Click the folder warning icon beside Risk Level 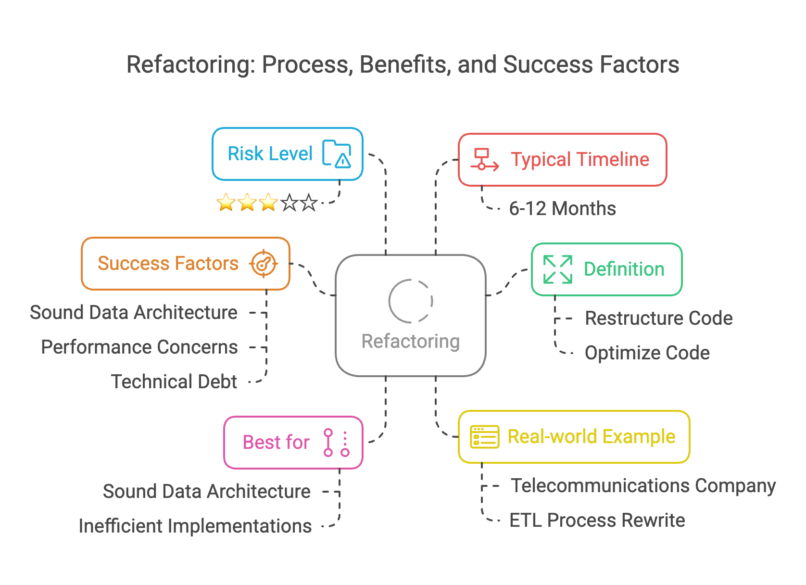tap(337, 154)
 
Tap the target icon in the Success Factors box tap(263, 264)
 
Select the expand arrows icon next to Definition tap(557, 269)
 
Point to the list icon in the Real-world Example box tap(484, 437)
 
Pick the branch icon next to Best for tap(336, 443)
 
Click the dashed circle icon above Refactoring tap(411, 301)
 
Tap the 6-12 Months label tap(562, 209)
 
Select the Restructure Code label tap(658, 318)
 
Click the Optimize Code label tap(647, 353)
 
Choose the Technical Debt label tap(174, 382)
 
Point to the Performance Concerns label tap(139, 347)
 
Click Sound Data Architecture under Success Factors tap(134, 313)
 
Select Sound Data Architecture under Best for tap(207, 492)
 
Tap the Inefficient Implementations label tap(195, 526)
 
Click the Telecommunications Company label tap(643, 486)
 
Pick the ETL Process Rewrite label tap(597, 521)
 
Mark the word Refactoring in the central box tap(411, 342)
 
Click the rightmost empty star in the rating tap(309, 203)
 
